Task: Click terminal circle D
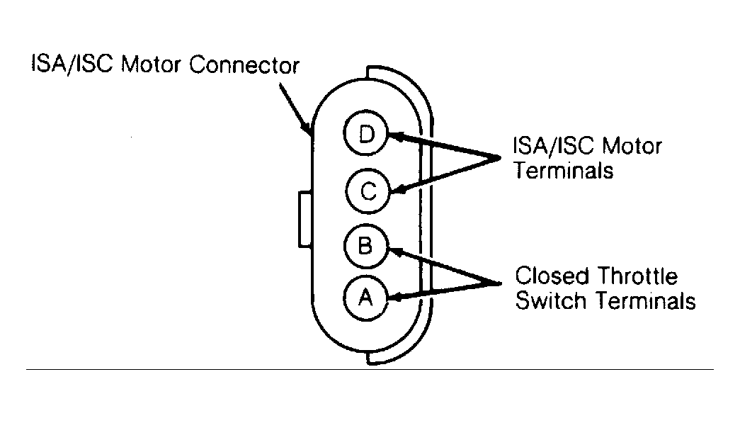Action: [x=366, y=135]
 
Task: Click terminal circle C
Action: [x=366, y=191]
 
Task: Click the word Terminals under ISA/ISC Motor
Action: [x=564, y=171]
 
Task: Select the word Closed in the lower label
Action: [x=550, y=277]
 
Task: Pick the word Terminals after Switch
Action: [x=645, y=301]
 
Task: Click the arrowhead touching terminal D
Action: [x=395, y=136]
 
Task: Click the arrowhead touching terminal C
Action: [x=397, y=189]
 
